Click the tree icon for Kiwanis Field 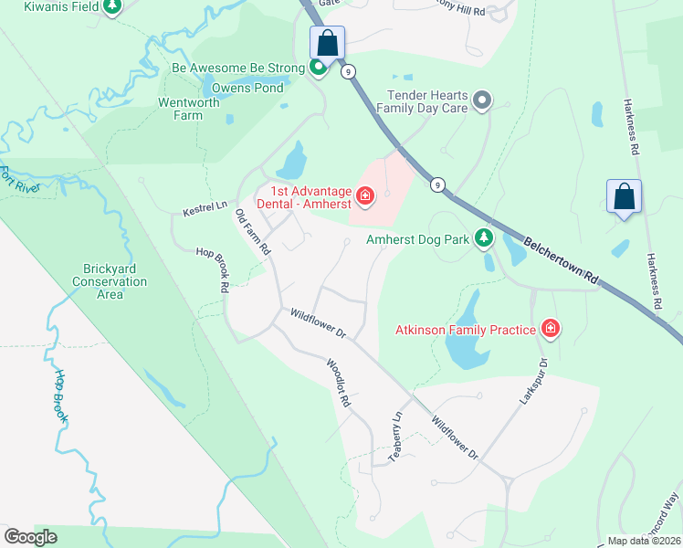111,7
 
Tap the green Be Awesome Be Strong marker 319,68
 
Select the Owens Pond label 247,88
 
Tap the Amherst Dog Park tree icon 483,240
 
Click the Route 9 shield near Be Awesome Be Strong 348,71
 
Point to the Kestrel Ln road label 205,210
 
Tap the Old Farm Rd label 254,233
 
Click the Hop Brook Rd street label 212,269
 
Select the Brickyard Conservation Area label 110,282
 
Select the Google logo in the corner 30,537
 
